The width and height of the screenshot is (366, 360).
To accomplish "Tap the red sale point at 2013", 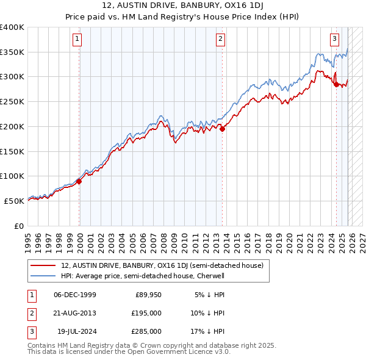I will pos(223,129).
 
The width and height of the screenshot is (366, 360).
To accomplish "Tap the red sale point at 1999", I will pos(79,181).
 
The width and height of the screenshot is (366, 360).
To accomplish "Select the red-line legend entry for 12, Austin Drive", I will pos(162,265).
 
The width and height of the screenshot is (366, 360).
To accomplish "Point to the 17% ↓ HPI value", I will pos(209,331).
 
